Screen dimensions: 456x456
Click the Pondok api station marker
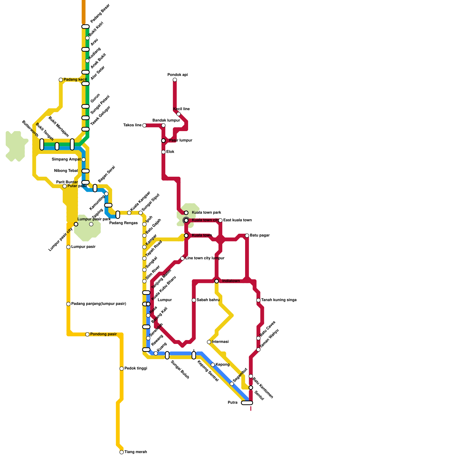click(175, 80)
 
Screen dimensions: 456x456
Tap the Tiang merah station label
click(136, 452)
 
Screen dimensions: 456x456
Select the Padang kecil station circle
click(61, 80)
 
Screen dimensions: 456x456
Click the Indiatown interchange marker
click(217, 281)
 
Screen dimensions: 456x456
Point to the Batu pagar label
click(260, 235)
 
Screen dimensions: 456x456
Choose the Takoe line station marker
click(144, 125)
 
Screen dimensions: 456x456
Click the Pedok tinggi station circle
click(122, 369)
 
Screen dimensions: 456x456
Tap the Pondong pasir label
click(103, 334)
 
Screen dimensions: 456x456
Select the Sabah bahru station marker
click(194, 300)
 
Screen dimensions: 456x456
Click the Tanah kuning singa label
click(279, 300)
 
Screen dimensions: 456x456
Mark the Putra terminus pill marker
click(247, 403)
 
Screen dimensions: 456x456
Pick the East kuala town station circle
click(220, 220)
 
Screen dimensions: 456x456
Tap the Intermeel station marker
click(209, 342)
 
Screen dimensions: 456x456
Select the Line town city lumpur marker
click(182, 258)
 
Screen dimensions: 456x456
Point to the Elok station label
click(170, 152)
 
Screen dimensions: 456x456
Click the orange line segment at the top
click(84, 11)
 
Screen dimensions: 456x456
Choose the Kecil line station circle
click(178, 114)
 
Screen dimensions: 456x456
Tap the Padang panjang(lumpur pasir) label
click(99, 304)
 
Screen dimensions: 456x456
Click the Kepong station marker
click(213, 365)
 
